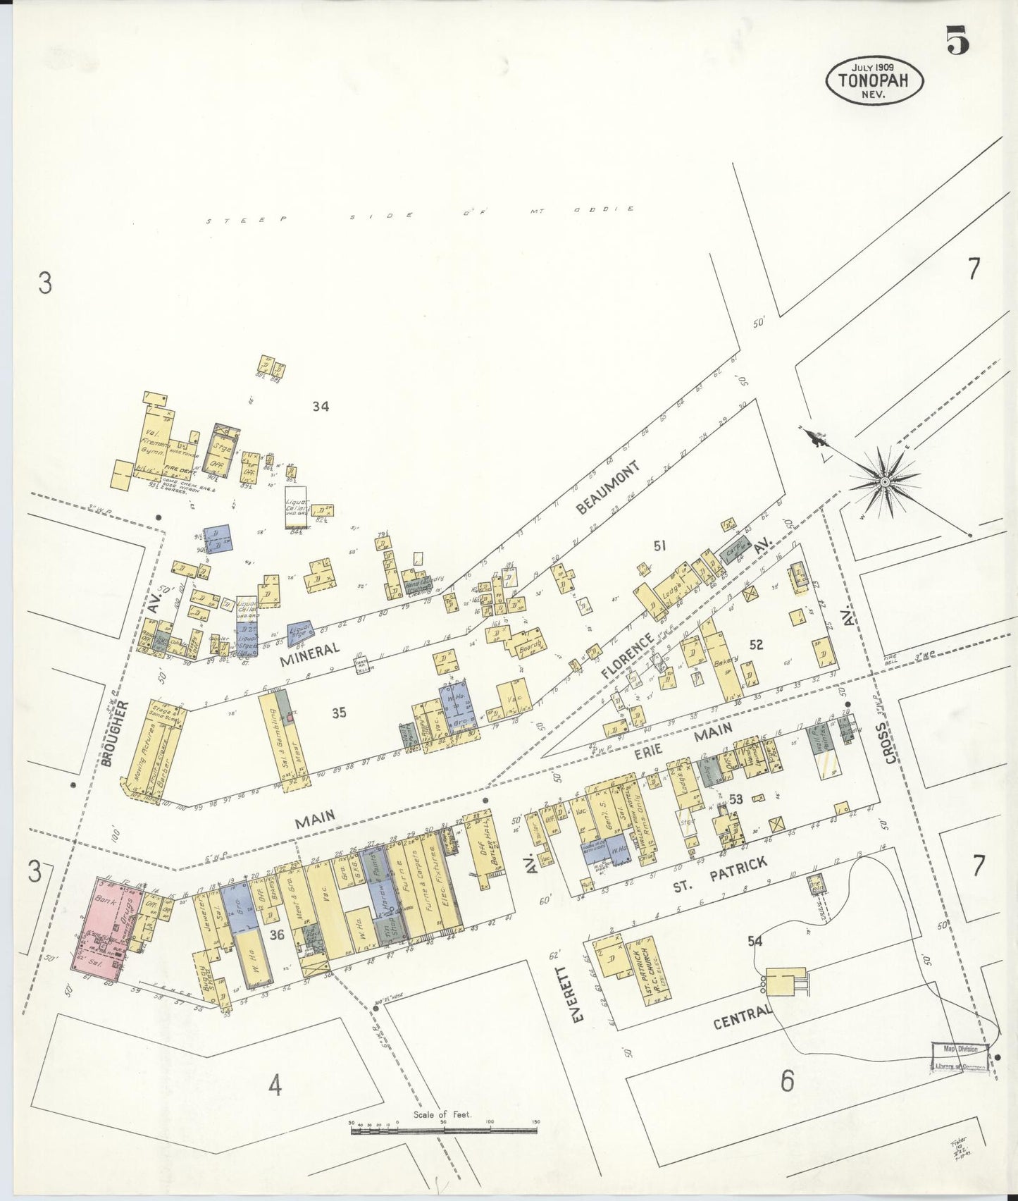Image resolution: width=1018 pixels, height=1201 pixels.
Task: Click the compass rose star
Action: [x=884, y=481]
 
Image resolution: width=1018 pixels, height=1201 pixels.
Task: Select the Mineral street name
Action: [x=310, y=651]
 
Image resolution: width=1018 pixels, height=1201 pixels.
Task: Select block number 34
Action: [x=321, y=406]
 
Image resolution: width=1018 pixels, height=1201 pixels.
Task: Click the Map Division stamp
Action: [x=960, y=1049]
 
